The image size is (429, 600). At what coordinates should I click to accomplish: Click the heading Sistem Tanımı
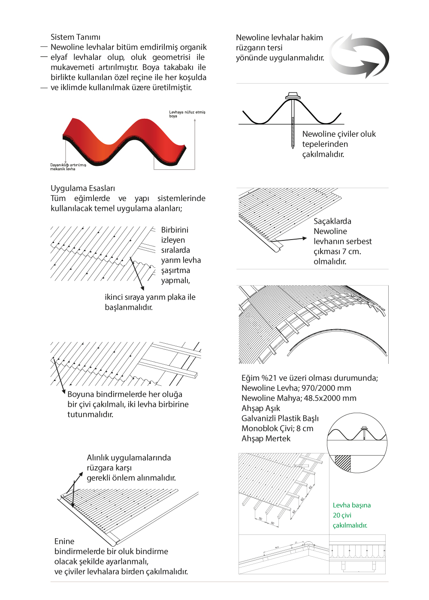(x=76, y=37)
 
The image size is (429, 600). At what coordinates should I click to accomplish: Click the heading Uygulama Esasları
(x=83, y=189)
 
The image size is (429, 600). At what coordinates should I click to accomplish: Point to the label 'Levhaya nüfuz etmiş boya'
(x=187, y=114)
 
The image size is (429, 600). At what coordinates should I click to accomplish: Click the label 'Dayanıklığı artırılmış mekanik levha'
(x=68, y=167)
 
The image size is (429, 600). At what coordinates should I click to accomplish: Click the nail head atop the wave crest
(x=293, y=95)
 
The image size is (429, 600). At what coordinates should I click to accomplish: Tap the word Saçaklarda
(x=332, y=221)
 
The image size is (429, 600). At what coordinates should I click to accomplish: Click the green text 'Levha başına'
(x=352, y=505)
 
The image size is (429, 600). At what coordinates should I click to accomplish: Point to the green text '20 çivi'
(x=342, y=515)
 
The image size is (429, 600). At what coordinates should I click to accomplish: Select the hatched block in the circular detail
(x=343, y=463)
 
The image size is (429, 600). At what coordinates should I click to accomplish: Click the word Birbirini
(x=175, y=230)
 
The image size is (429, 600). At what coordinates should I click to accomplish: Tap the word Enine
(x=64, y=541)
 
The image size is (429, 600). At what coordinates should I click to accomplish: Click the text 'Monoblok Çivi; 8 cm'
(x=277, y=429)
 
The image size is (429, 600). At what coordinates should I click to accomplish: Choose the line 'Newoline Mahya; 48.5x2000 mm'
(x=299, y=398)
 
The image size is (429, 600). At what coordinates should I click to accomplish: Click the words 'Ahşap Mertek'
(x=266, y=438)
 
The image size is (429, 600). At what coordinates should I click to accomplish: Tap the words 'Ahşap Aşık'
(x=261, y=408)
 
